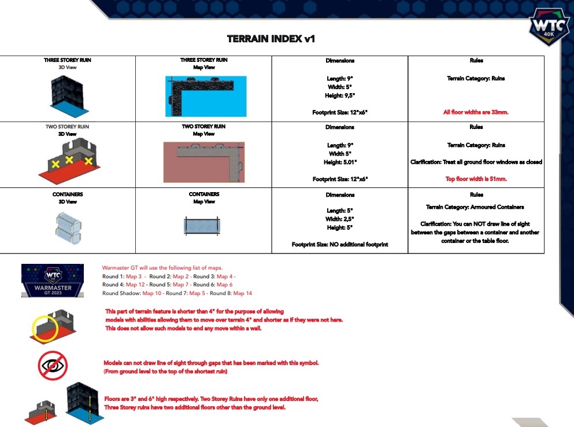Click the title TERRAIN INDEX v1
pos(271,39)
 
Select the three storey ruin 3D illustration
pos(68,93)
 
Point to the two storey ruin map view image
pos(204,159)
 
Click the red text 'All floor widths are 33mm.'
pos(476,112)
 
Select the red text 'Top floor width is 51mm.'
pos(476,179)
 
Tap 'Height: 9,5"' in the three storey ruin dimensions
pos(340,95)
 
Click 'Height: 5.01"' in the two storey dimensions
pos(340,162)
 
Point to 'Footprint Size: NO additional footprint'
pos(340,245)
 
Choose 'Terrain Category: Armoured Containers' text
pos(476,207)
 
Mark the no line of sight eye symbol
pos(53,366)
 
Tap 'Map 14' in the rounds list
pos(243,293)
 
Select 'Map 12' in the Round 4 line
pos(135,285)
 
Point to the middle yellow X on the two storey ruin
pos(69,159)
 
